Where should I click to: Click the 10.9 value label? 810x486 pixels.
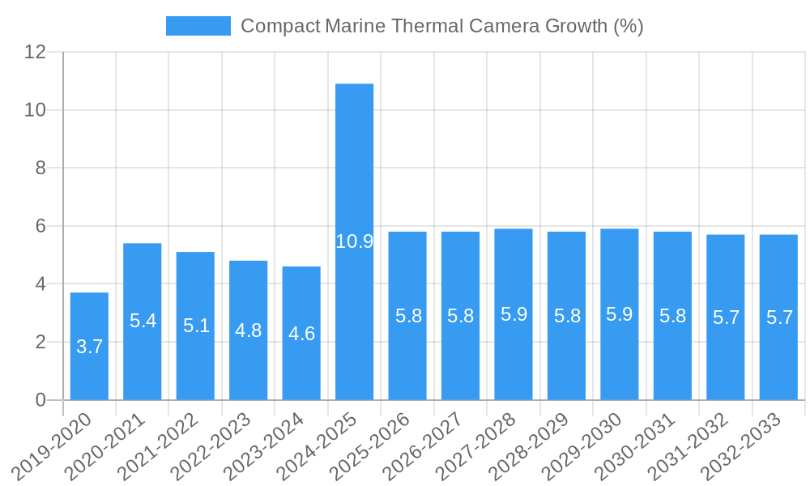click(x=354, y=241)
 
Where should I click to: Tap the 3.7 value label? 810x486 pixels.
click(x=89, y=347)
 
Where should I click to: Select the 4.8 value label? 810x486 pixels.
click(x=248, y=330)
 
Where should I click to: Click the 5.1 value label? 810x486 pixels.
click(x=195, y=326)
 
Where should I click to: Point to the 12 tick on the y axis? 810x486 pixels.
click(x=36, y=52)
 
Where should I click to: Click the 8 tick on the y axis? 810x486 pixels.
click(x=40, y=168)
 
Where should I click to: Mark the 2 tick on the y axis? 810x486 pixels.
click(x=40, y=342)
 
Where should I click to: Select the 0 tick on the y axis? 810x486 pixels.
click(x=40, y=400)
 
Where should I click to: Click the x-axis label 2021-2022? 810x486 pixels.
click(x=160, y=447)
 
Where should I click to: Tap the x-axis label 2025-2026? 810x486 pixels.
click(x=373, y=447)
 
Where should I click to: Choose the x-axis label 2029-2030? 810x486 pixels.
click(x=585, y=447)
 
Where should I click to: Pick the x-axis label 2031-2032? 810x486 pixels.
click(x=691, y=447)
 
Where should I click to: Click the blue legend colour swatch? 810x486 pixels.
click(x=198, y=26)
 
